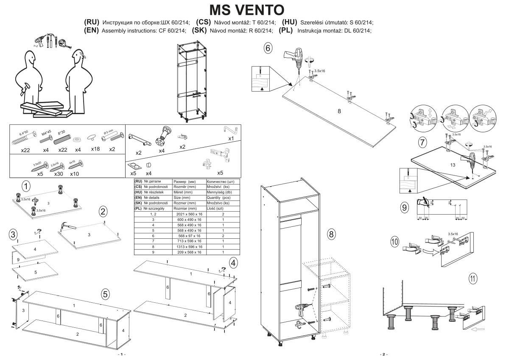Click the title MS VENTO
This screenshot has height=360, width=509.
point(247,10)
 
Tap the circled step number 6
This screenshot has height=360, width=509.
point(268,48)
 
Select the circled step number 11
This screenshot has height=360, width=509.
point(473,279)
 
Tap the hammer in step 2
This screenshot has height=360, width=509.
point(68,228)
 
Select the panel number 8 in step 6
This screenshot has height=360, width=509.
point(339,111)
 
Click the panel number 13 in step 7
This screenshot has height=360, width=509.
point(453,165)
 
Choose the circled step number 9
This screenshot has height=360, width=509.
point(405,207)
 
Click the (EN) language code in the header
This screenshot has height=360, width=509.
point(92,31)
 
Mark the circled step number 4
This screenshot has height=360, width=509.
point(233,263)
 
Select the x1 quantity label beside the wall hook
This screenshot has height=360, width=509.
point(231,139)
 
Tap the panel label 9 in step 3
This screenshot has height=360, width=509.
point(18,259)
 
